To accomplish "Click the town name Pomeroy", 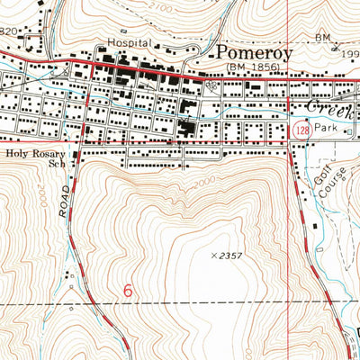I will tap(251, 54).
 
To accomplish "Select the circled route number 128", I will tap(301, 131).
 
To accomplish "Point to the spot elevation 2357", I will tap(230, 256).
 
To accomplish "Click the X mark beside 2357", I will tap(212, 256).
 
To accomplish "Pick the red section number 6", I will tap(127, 291).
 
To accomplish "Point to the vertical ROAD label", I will tap(64, 206).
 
